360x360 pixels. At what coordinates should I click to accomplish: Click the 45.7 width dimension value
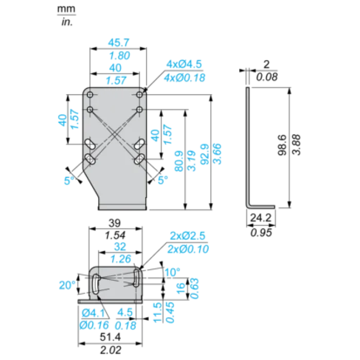tap(119, 43)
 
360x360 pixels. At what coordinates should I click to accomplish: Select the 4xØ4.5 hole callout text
tap(184, 64)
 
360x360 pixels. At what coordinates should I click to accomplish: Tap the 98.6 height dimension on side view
tap(282, 145)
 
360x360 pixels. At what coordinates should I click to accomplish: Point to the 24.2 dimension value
tap(261, 218)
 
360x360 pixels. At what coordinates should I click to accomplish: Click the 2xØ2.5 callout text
tap(188, 236)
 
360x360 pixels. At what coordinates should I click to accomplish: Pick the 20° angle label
tap(67, 285)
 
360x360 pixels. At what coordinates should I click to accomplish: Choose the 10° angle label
tap(172, 272)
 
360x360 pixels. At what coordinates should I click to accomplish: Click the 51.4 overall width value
tap(110, 337)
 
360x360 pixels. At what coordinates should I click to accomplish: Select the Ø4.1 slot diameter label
tap(93, 313)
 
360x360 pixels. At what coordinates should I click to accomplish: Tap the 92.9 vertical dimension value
tap(205, 154)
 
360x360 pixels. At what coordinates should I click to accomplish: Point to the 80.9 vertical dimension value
tap(179, 161)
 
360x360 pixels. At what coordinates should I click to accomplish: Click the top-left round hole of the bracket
tap(90, 94)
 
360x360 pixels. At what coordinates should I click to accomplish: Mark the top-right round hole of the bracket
tap(139, 94)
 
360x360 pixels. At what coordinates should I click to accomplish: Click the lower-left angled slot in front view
tap(90, 159)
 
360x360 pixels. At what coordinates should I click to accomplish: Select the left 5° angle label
tap(69, 181)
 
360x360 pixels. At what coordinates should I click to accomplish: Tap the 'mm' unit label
tap(66, 9)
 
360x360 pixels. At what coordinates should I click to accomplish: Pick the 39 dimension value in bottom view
tap(115, 223)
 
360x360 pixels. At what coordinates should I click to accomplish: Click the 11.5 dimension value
tap(157, 313)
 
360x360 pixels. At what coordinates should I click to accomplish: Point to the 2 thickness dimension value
tap(266, 64)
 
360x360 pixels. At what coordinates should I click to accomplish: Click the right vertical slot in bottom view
tap(136, 278)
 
